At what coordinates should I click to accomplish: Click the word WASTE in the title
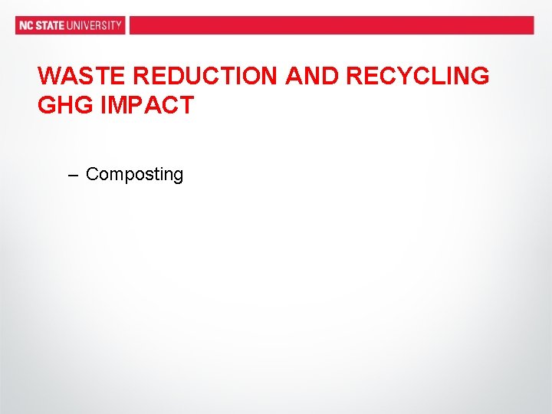coord(82,77)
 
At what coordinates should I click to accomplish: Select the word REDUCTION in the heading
coord(205,77)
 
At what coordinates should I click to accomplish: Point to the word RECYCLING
coord(418,77)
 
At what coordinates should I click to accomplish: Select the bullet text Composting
coord(134,175)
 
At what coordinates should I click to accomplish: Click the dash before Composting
coord(73,176)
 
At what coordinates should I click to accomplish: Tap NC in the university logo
coord(26,25)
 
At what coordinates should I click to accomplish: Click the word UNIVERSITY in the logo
coord(94,25)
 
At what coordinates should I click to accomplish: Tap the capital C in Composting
coord(92,174)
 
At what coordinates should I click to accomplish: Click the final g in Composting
coord(179,176)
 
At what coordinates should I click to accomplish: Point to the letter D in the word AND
coord(329,77)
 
